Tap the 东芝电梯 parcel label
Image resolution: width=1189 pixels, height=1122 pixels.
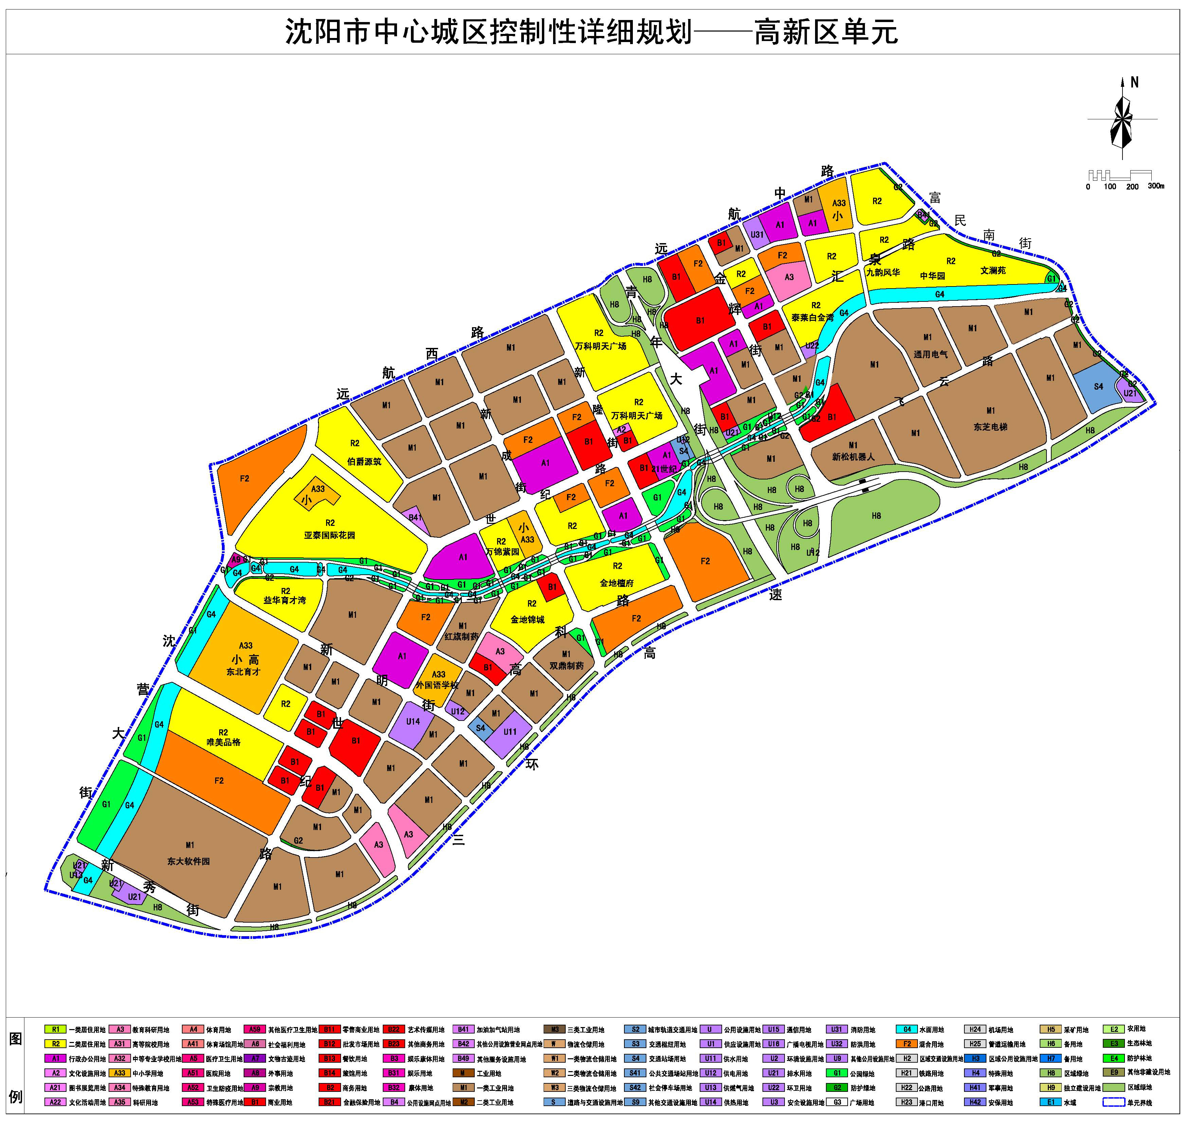(x=990, y=427)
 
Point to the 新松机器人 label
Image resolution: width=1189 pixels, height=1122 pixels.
(x=853, y=456)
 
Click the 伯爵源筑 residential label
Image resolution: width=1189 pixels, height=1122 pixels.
(x=364, y=462)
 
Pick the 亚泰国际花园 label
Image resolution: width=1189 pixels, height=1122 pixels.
(x=330, y=535)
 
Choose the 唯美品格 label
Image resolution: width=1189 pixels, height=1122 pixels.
(x=223, y=742)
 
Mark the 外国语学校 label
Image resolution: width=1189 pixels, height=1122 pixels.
(x=437, y=685)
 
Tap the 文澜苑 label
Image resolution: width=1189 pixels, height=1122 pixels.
(x=993, y=270)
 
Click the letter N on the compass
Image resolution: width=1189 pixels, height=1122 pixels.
(x=1134, y=82)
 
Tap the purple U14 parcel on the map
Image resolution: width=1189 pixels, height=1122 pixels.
(x=413, y=722)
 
